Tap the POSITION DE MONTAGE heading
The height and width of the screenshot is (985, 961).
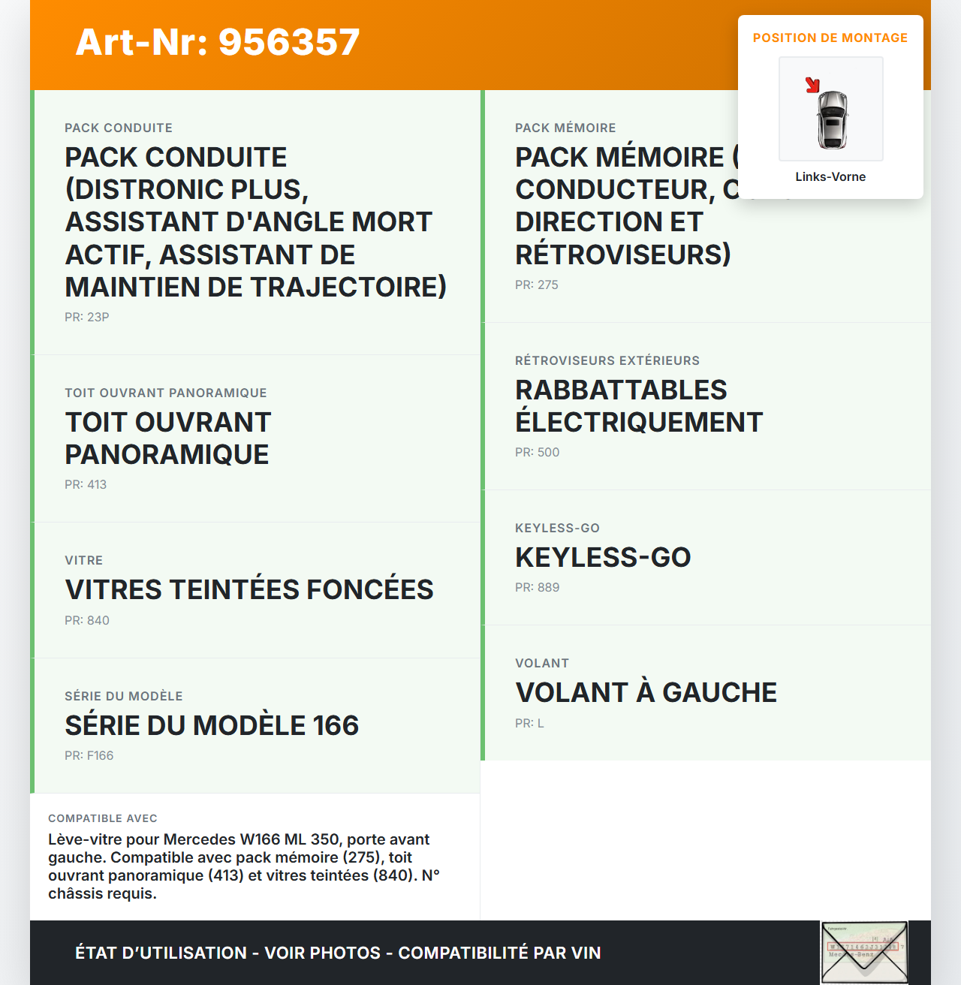click(830, 38)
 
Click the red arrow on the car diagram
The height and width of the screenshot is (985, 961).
click(812, 85)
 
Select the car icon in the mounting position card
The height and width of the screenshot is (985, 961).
click(832, 119)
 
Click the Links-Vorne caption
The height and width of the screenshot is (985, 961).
click(830, 176)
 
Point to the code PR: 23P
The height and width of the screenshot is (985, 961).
click(87, 317)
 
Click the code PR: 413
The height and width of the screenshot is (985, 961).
click(86, 484)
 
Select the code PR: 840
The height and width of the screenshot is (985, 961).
click(87, 620)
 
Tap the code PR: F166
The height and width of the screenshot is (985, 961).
click(89, 755)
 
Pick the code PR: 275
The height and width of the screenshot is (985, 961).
click(537, 285)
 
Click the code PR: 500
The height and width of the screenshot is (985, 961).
click(538, 452)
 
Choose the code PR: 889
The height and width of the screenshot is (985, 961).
click(538, 587)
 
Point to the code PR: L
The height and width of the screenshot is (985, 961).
click(529, 723)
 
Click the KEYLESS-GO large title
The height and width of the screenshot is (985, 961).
click(603, 557)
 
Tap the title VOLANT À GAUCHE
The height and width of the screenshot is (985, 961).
click(646, 692)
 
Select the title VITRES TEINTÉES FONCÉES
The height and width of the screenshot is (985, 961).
click(249, 589)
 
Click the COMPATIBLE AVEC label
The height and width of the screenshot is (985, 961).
click(103, 818)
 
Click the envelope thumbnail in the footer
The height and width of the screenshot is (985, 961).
click(864, 952)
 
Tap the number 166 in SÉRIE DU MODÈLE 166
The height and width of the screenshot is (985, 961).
click(336, 725)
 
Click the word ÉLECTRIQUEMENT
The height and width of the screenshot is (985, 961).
click(639, 422)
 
